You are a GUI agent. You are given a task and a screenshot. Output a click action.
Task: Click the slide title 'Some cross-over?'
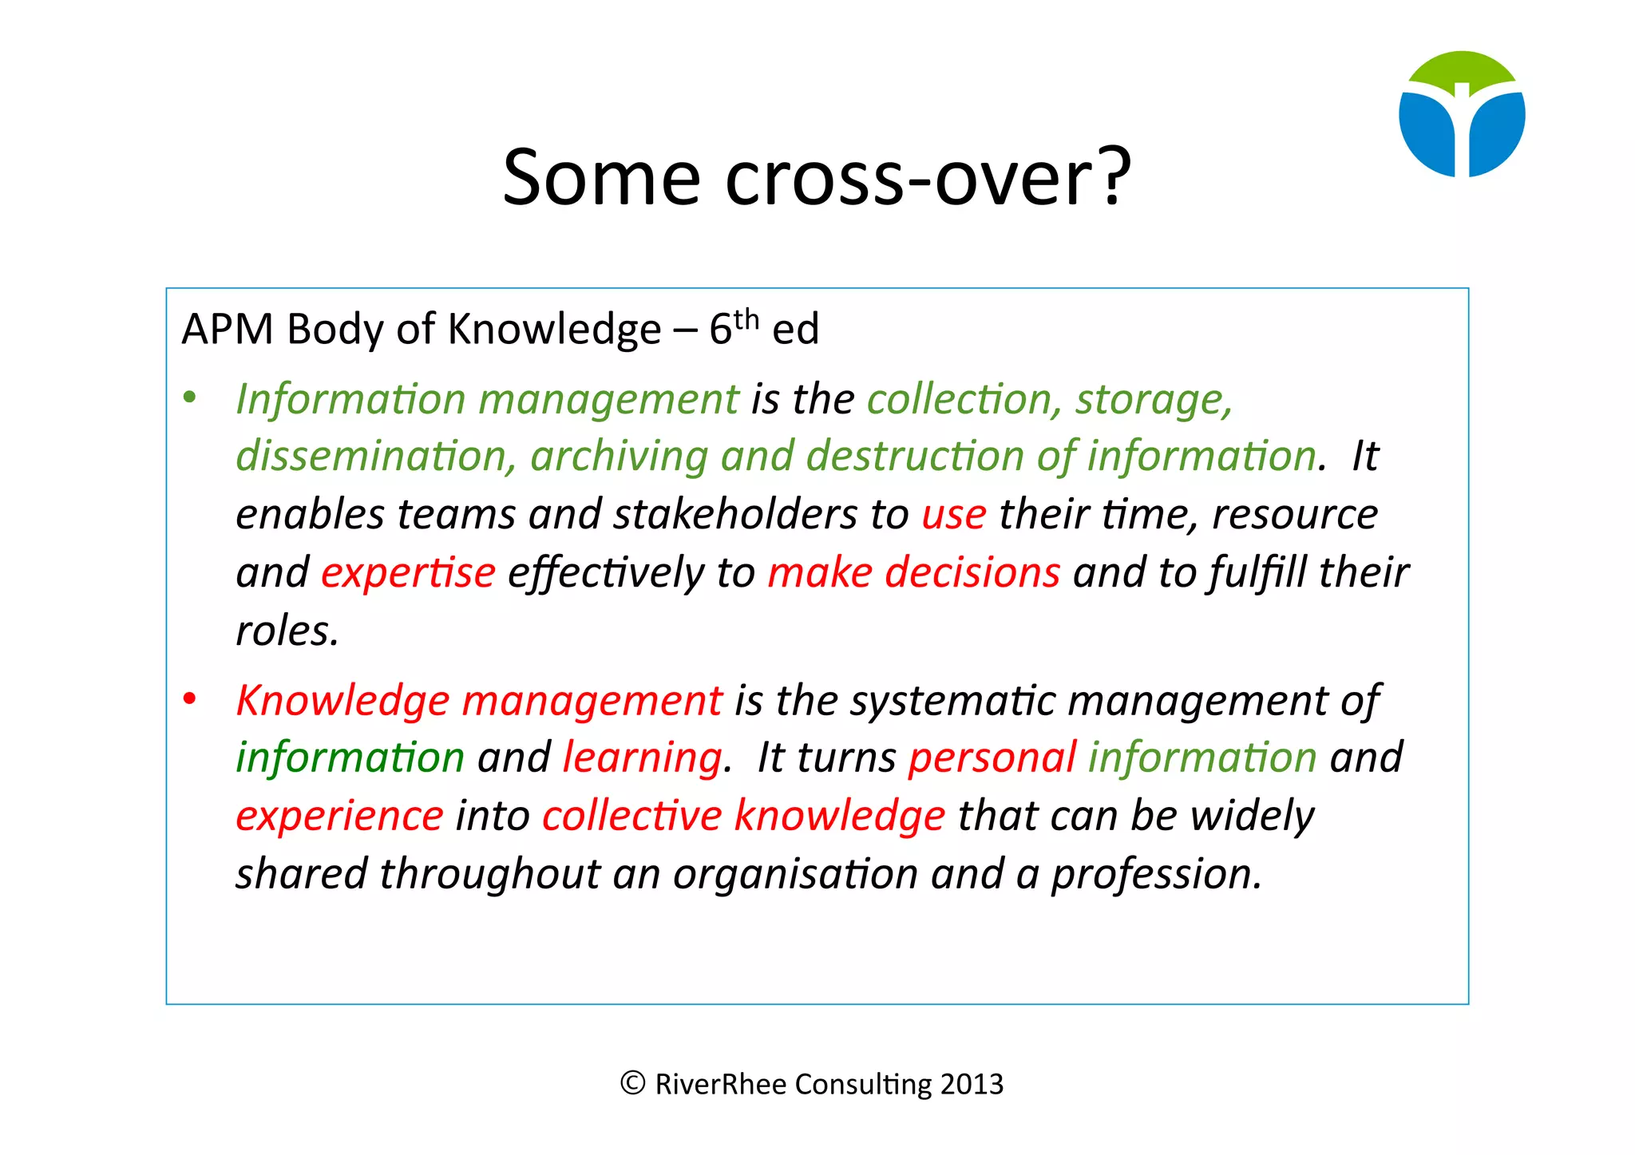[x=816, y=177]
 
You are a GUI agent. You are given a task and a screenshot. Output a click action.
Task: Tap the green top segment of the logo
[x=1462, y=69]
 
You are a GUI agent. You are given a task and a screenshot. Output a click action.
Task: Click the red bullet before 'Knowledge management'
[x=189, y=699]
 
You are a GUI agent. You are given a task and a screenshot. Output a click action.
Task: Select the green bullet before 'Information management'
[x=189, y=398]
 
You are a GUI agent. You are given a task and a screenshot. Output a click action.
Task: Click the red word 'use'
[x=954, y=515]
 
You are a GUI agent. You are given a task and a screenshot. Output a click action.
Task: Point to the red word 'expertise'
[x=408, y=573]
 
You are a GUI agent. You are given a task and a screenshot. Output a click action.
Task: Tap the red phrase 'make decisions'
[x=914, y=573]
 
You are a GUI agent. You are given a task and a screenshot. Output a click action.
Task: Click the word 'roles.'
[x=287, y=631]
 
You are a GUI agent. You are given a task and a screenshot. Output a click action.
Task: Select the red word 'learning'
[x=643, y=757]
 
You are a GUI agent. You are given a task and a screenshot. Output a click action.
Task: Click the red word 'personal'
[x=992, y=757]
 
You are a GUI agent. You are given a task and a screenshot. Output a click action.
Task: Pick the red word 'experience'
[x=339, y=816]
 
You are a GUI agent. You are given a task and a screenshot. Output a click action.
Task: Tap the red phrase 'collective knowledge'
[x=743, y=816]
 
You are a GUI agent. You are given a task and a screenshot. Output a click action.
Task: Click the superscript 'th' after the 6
[x=746, y=318]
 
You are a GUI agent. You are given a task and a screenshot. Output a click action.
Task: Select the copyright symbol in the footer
[x=632, y=1083]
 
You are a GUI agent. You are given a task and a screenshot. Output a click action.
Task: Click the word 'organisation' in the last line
[x=795, y=874]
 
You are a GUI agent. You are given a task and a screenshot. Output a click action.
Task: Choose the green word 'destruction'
[x=915, y=457]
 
